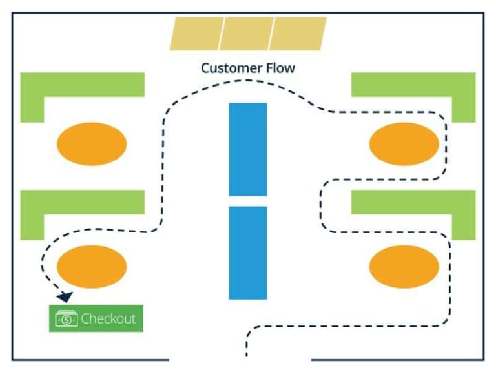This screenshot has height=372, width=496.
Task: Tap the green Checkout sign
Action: [x=96, y=318]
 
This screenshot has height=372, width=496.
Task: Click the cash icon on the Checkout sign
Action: [x=67, y=318]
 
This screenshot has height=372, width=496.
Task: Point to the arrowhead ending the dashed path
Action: [x=64, y=296]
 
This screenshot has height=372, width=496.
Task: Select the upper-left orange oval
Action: [x=92, y=143]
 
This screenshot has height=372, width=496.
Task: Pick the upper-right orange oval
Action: [x=404, y=143]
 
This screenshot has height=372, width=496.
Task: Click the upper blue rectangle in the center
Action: [x=247, y=149]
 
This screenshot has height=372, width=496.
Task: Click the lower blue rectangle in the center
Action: [x=247, y=253]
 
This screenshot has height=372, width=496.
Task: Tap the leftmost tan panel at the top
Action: [x=196, y=34]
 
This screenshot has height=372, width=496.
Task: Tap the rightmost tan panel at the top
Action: [x=298, y=34]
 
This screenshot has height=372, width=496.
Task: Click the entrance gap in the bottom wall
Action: [x=240, y=359]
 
